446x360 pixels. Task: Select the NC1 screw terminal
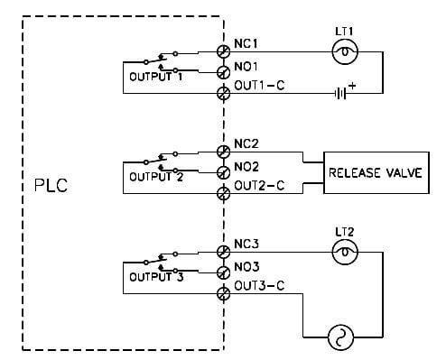tap(223, 52)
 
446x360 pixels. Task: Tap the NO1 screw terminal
tap(223, 72)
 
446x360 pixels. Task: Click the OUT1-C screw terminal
tap(223, 92)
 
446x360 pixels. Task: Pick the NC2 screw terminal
tap(223, 152)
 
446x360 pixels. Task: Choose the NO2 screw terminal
tap(223, 171)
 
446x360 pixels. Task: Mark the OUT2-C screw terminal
tap(223, 192)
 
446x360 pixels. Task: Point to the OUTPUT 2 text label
tap(156, 176)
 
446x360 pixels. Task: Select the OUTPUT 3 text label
tap(156, 277)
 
